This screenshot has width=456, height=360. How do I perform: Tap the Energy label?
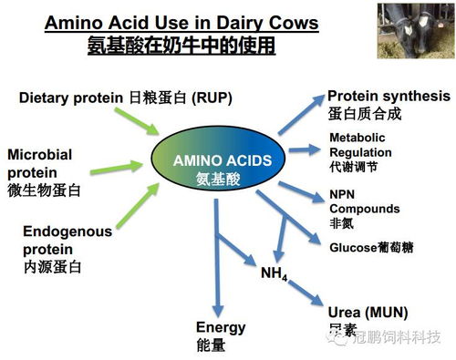[x=222, y=336]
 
